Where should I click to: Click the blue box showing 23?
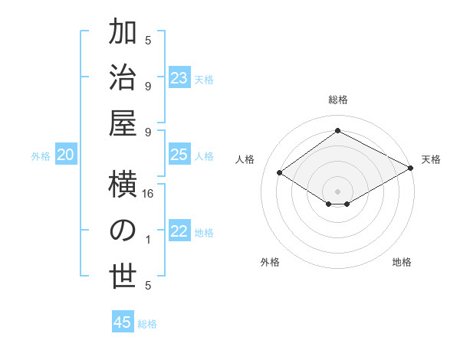point(179,78)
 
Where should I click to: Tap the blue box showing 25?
point(179,155)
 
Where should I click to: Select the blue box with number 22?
point(179,232)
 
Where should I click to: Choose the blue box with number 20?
point(66,155)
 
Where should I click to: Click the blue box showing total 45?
point(123,322)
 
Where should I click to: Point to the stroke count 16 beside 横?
point(149,195)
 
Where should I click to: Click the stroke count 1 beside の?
point(149,240)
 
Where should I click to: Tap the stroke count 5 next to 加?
point(149,41)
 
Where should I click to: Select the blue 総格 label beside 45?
point(148,324)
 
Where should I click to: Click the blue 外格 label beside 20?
point(41,156)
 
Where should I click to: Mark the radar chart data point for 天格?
point(411,170)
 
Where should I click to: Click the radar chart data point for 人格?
point(280,173)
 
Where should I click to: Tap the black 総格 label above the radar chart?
point(337,100)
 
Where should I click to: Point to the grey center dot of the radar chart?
point(337,191)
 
